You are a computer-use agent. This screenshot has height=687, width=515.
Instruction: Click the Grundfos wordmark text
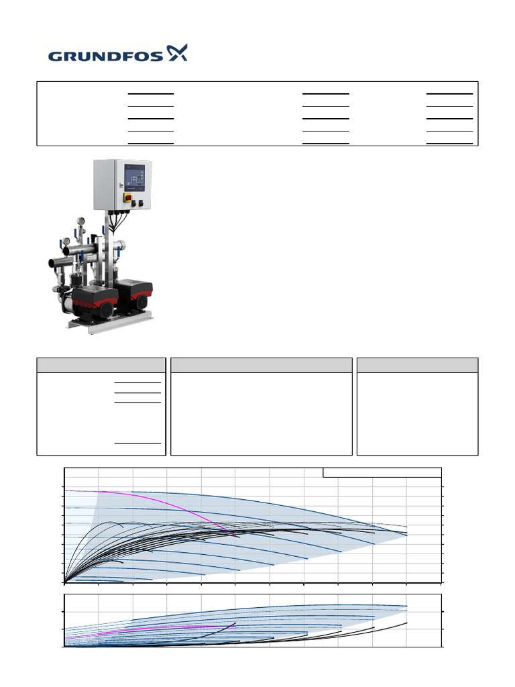tap(105, 55)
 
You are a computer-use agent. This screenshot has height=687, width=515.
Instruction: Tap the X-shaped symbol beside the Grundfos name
tap(177, 54)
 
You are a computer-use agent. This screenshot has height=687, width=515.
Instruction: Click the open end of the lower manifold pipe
tap(51, 262)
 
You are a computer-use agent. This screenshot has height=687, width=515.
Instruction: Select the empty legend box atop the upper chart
tap(382, 472)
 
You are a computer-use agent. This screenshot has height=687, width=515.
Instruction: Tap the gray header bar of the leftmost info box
tap(101, 365)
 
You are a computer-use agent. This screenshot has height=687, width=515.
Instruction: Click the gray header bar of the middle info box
tap(262, 365)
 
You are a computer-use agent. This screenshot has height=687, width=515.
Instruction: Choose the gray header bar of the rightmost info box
tap(417, 365)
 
